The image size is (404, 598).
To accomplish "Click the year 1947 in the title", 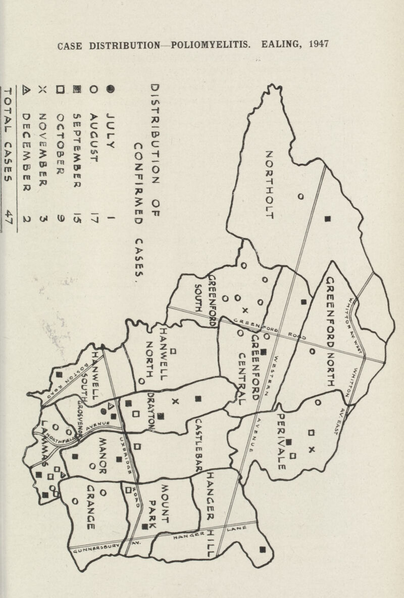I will (x=312, y=44).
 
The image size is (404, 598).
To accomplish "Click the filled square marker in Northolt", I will (x=328, y=219).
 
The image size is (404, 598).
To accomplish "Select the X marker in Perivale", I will (x=312, y=449).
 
